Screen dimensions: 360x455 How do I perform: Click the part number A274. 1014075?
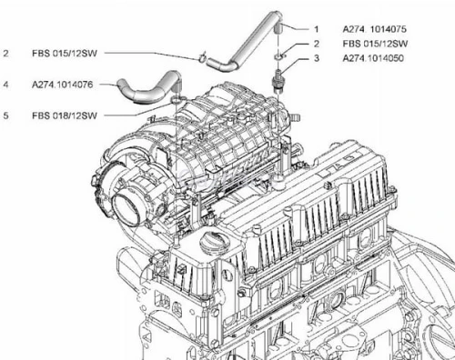pyautogui.click(x=374, y=28)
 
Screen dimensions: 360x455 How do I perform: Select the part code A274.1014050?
pyautogui.click(x=374, y=58)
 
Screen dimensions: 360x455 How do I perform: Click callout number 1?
pyautogui.click(x=317, y=28)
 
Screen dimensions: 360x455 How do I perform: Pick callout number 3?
pyautogui.click(x=317, y=58)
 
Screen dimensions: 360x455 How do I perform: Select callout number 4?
pyautogui.click(x=6, y=85)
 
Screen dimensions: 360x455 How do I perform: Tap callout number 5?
pyautogui.click(x=6, y=115)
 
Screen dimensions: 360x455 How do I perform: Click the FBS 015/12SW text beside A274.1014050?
pyautogui.click(x=373, y=44)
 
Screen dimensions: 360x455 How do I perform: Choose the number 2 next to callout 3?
pyautogui.click(x=317, y=44)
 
